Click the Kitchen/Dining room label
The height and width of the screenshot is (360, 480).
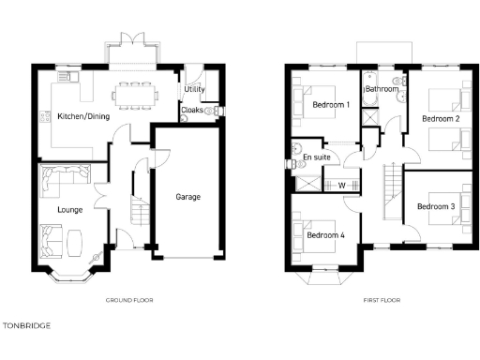click(x=81, y=116)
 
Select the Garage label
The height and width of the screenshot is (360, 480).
click(x=188, y=197)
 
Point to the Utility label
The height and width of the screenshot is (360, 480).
click(x=194, y=89)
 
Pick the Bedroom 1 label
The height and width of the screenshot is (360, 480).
click(x=331, y=104)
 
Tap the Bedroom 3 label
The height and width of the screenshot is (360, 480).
click(x=436, y=205)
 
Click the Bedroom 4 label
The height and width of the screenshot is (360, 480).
click(x=325, y=235)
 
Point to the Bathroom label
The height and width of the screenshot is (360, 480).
click(x=382, y=89)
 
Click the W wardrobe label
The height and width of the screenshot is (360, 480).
click(x=342, y=185)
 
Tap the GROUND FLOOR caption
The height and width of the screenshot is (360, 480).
click(x=130, y=300)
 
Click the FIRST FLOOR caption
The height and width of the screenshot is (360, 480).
click(x=382, y=300)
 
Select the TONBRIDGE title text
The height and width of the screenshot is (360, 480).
click(x=26, y=325)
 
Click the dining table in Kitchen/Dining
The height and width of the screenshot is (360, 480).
click(x=137, y=92)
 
